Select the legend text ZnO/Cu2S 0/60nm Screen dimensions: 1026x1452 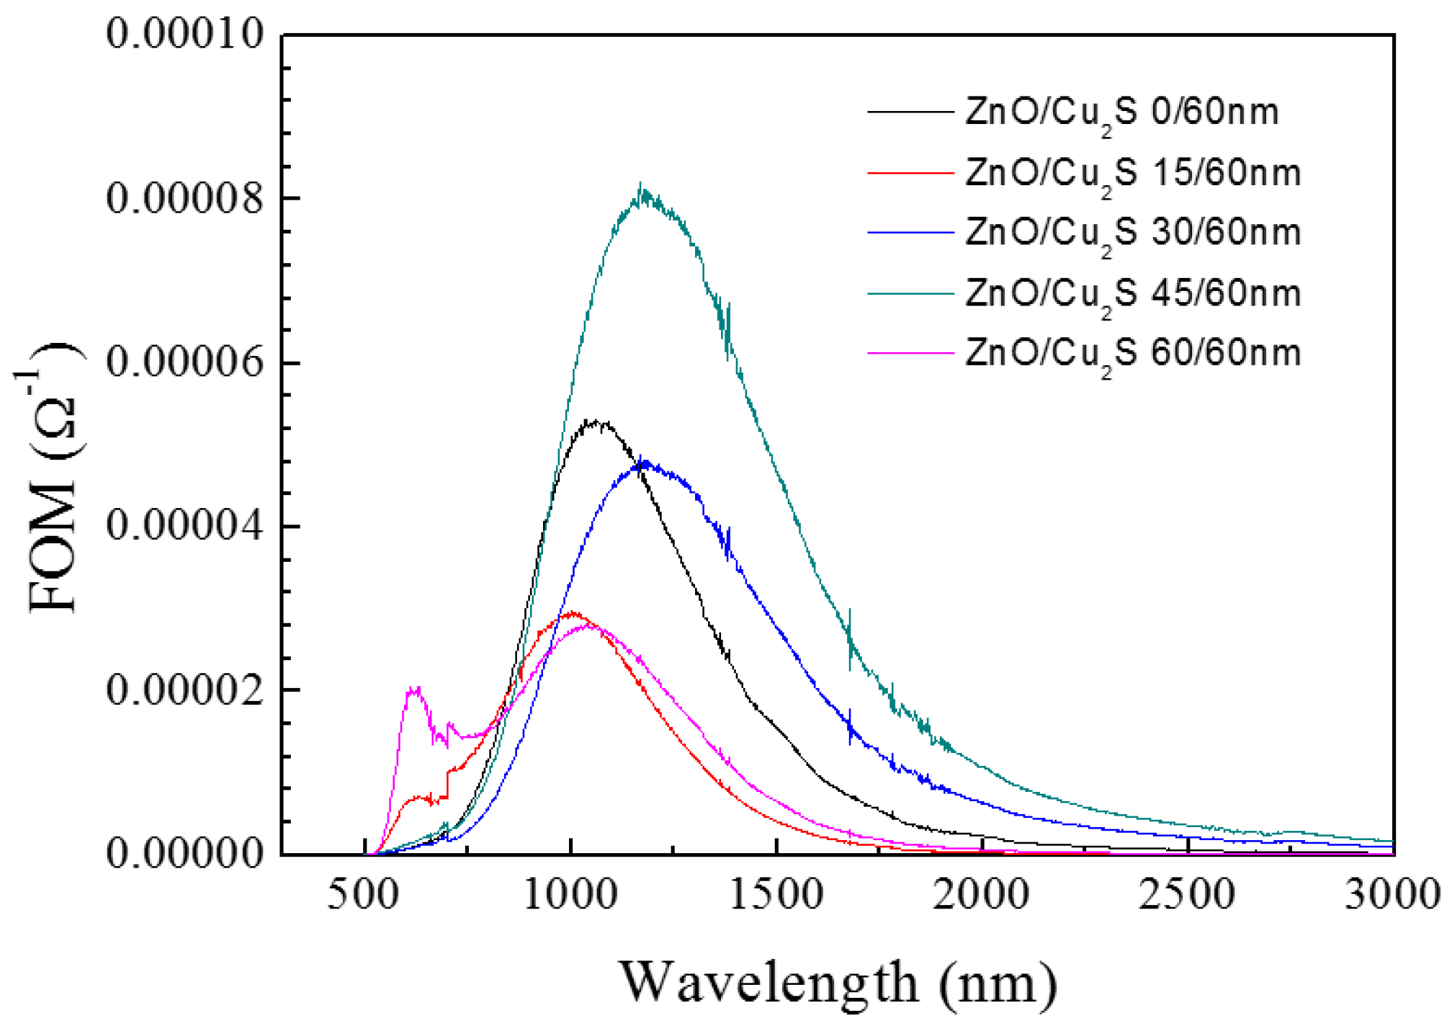click(1121, 113)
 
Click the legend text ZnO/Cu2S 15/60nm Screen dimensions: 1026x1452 click(1132, 174)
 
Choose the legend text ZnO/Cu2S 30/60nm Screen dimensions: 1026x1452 click(1132, 233)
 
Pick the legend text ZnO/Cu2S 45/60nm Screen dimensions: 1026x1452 click(1132, 295)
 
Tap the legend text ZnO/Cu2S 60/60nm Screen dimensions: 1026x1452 click(1132, 354)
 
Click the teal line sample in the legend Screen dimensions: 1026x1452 click(910, 294)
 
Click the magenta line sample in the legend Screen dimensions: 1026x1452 click(910, 354)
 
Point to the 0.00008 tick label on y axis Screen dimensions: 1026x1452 click(185, 198)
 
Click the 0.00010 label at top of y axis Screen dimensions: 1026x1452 click(185, 33)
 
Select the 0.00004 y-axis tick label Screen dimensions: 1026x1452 click(185, 526)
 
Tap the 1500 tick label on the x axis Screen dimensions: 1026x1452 click(776, 895)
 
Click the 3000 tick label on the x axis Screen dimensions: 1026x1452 click(1391, 895)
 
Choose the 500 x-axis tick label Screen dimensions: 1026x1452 click(363, 895)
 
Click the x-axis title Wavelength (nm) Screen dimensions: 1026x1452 click(838, 983)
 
